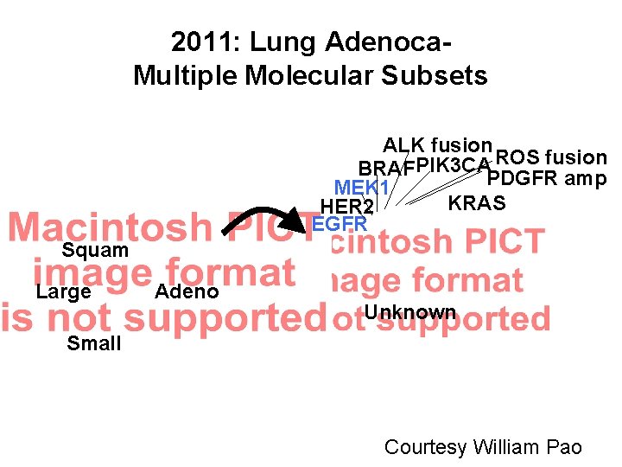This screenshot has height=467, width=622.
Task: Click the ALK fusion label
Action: (x=438, y=144)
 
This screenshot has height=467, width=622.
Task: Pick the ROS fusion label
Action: (x=552, y=157)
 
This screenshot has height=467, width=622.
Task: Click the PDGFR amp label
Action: (x=546, y=179)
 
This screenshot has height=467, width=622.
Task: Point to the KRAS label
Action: (x=477, y=203)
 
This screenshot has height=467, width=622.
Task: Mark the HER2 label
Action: (x=346, y=207)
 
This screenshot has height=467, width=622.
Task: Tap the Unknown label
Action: (x=410, y=311)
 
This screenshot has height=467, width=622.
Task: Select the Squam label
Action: (x=95, y=251)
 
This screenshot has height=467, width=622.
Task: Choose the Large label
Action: (x=63, y=291)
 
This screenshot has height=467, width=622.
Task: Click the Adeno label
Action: (x=186, y=291)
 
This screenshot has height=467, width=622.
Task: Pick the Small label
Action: (x=94, y=343)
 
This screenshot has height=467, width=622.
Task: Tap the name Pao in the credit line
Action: (x=564, y=447)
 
